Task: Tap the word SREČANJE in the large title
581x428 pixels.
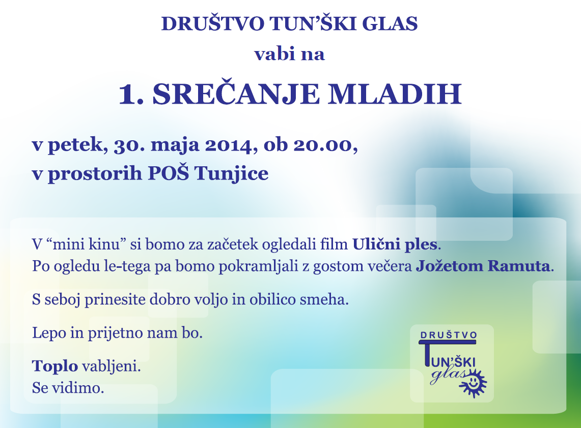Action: pyautogui.click(x=236, y=94)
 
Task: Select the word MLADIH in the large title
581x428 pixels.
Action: pyautogui.click(x=395, y=94)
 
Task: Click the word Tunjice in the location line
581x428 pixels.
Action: pyautogui.click(x=231, y=174)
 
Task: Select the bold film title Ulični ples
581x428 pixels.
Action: pyautogui.click(x=395, y=245)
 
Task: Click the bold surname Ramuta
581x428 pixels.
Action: pyautogui.click(x=519, y=266)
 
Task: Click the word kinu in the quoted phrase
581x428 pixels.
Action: pyautogui.click(x=105, y=245)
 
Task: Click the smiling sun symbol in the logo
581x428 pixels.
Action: pyautogui.click(x=473, y=384)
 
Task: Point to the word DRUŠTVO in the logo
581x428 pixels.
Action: pyautogui.click(x=448, y=335)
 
